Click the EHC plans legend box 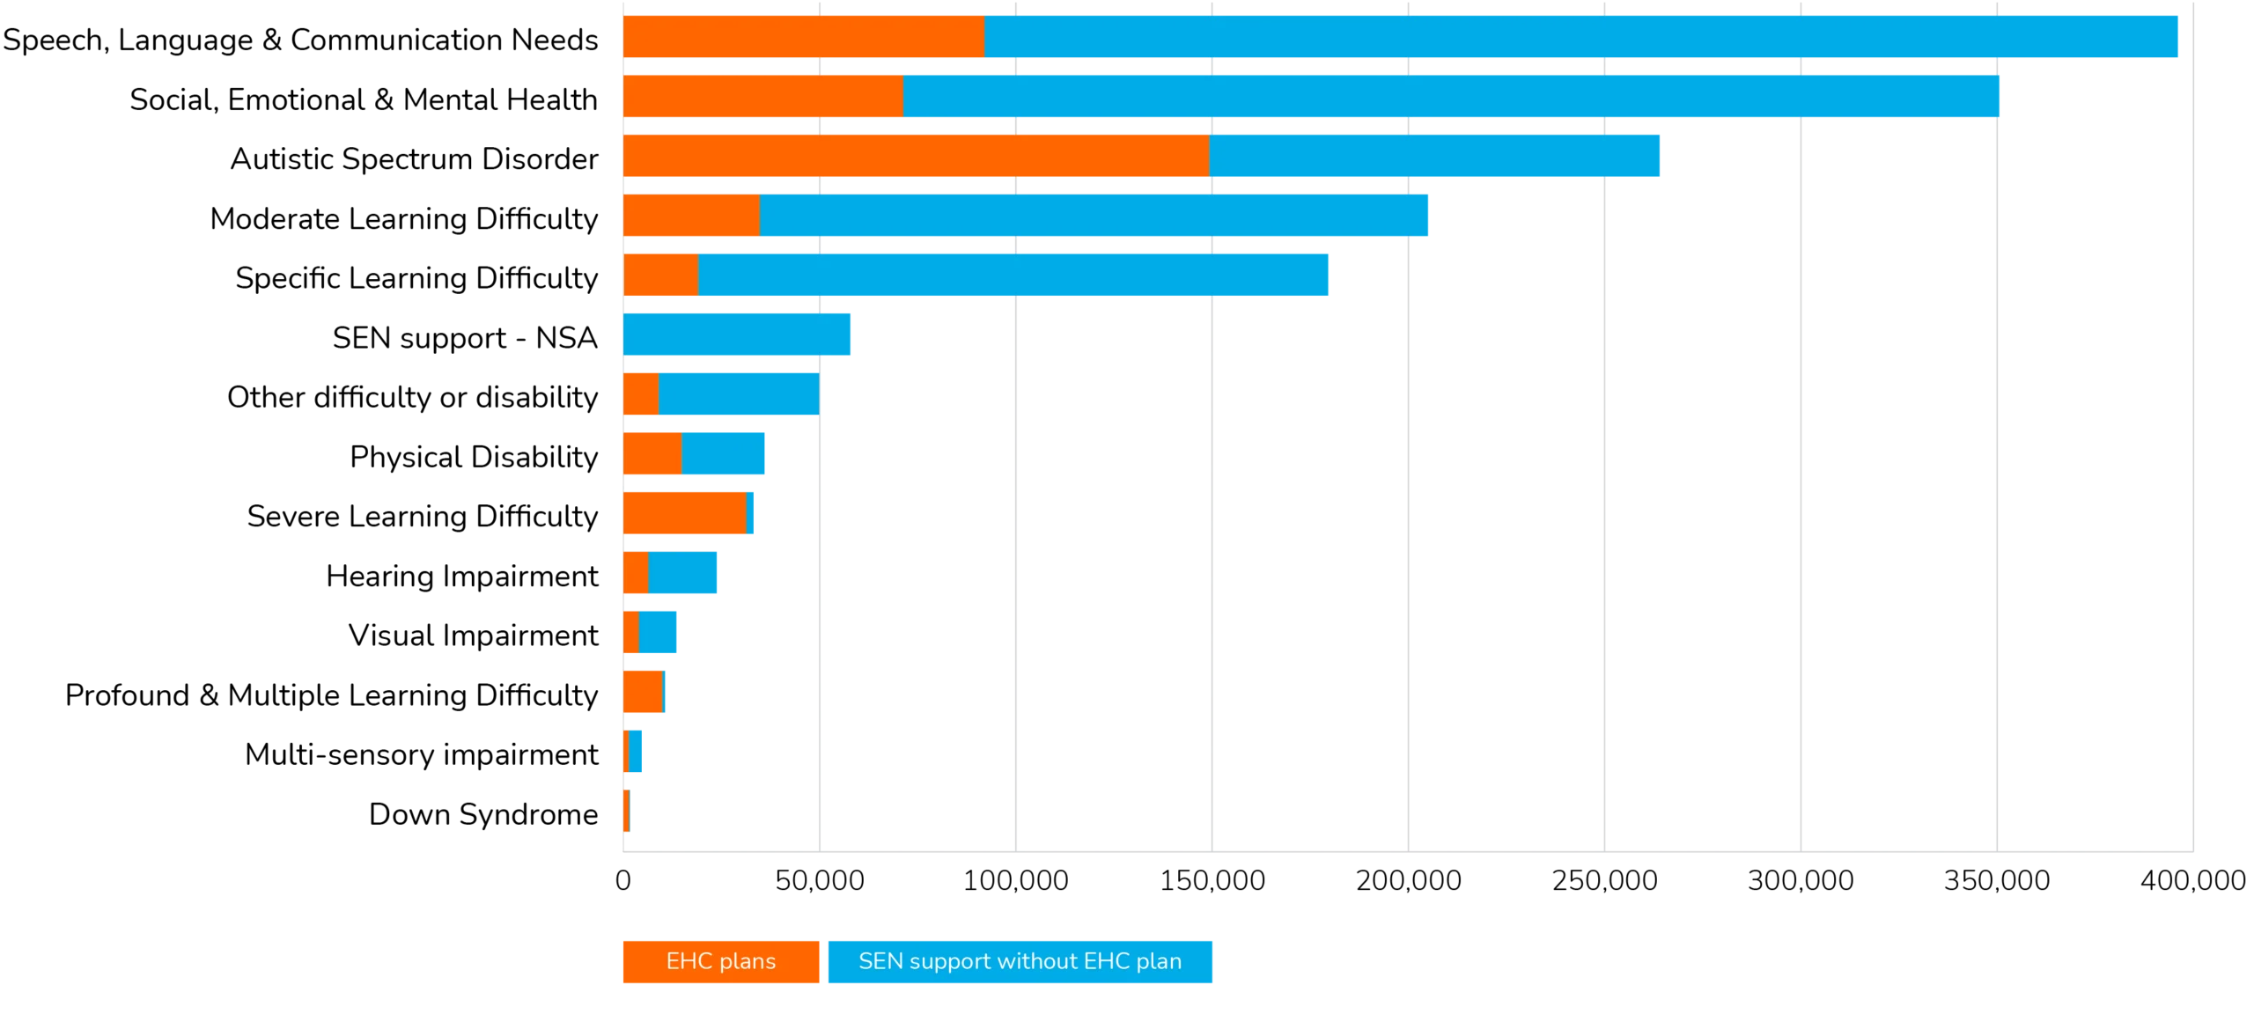(720, 961)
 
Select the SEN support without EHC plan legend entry (1020, 961)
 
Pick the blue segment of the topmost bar (1581, 37)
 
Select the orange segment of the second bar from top (762, 97)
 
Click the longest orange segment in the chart (916, 157)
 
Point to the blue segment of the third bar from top (1435, 157)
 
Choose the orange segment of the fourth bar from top (691, 217)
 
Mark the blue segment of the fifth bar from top (1013, 276)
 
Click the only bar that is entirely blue (738, 335)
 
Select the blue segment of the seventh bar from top (739, 393)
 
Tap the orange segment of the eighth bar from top (652, 454)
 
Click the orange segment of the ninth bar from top (685, 512)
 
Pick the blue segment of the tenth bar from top (682, 574)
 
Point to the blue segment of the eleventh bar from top (659, 632)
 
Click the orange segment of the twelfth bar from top (643, 692)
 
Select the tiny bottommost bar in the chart (627, 812)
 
